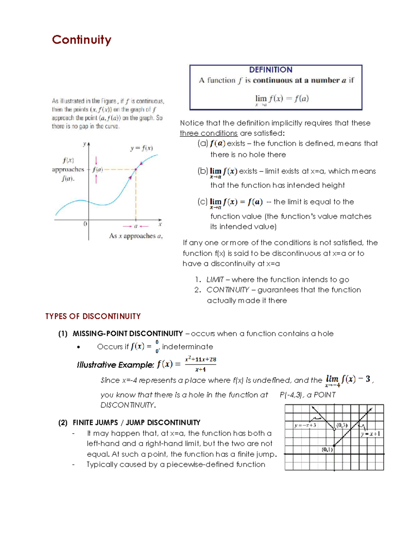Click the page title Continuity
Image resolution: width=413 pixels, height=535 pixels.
pyautogui.click(x=82, y=40)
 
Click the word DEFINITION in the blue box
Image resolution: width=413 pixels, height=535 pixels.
pyautogui.click(x=271, y=70)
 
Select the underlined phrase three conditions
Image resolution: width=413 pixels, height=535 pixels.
pyautogui.click(x=209, y=133)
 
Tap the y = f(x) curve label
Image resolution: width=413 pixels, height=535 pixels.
pyautogui.click(x=141, y=148)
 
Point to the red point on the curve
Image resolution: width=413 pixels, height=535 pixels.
pyautogui.click(x=136, y=169)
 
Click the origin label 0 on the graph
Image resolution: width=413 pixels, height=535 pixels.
pyautogui.click(x=85, y=224)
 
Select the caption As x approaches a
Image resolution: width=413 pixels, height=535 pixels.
pyautogui.click(x=136, y=236)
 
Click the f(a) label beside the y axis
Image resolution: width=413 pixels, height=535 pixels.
pyautogui.click(x=97, y=169)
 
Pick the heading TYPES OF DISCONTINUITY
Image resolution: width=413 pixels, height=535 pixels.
pyautogui.click(x=93, y=316)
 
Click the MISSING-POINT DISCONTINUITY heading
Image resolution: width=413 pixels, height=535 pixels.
pyautogui.click(x=128, y=333)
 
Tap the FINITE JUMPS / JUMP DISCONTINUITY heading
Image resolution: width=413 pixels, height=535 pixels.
pyautogui.click(x=136, y=422)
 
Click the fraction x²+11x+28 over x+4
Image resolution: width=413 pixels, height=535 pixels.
pyautogui.click(x=200, y=364)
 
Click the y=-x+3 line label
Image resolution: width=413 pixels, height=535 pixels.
pyautogui.click(x=305, y=425)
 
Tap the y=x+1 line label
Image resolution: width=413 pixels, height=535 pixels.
pyautogui.click(x=371, y=434)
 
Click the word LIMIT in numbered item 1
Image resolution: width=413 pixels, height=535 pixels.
pyautogui.click(x=215, y=280)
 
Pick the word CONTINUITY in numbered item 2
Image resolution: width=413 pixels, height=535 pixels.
pyautogui.click(x=227, y=290)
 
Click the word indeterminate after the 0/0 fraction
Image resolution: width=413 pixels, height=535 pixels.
pyautogui.click(x=188, y=347)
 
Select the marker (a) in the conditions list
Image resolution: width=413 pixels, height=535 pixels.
pyautogui.click(x=203, y=143)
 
